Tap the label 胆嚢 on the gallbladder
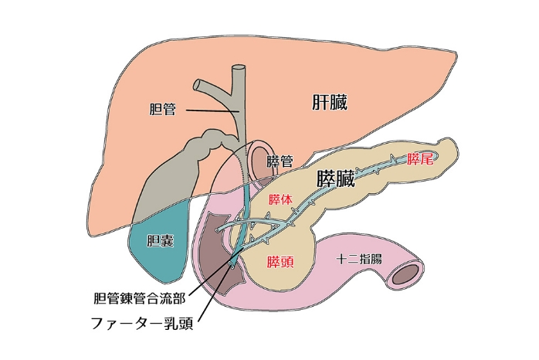coord(160,241)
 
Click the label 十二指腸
coord(359,260)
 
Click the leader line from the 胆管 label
coord(208,112)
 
